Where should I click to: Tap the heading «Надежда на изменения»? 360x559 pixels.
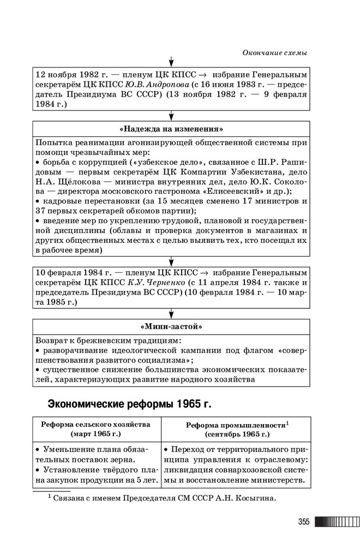(x=171, y=129)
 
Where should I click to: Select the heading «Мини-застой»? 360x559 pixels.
(x=171, y=327)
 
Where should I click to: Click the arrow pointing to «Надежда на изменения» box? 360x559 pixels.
(x=171, y=116)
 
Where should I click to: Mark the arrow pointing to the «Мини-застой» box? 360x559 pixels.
(x=171, y=314)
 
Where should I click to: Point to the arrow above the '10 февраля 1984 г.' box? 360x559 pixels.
(x=171, y=260)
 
